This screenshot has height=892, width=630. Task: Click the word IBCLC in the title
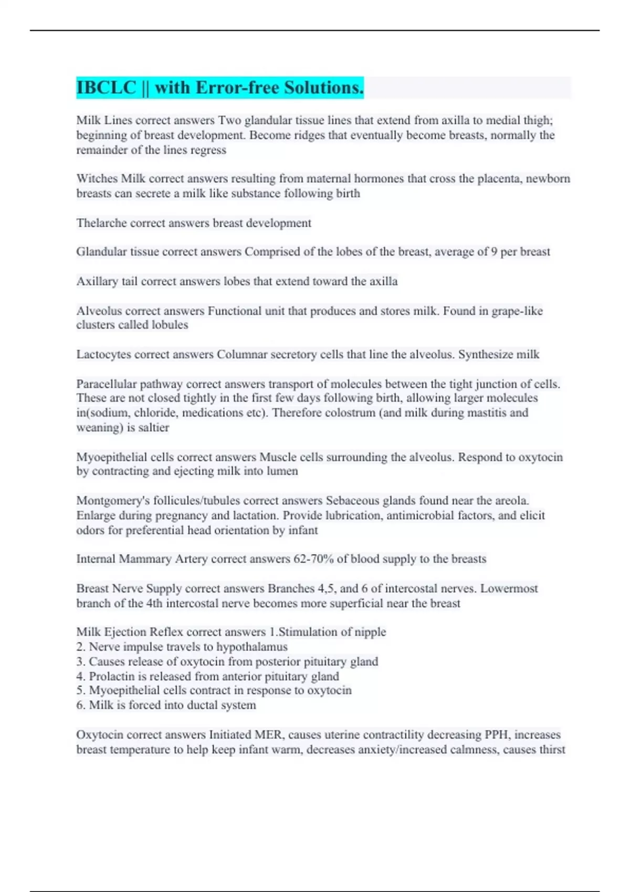[x=106, y=88]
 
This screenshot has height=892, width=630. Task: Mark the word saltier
[x=154, y=428]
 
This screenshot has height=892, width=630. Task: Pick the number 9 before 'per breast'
[x=494, y=252]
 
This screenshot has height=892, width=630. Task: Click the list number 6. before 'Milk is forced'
[x=81, y=705]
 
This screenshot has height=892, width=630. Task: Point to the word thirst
[x=552, y=749]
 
